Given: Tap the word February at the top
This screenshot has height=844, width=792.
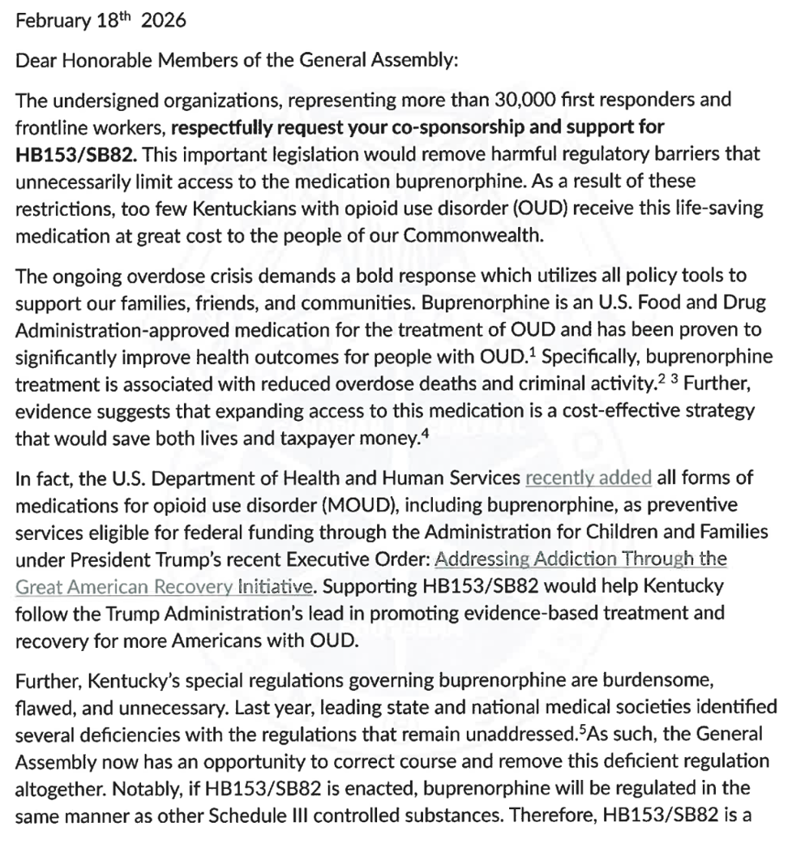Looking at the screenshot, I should (41, 21).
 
